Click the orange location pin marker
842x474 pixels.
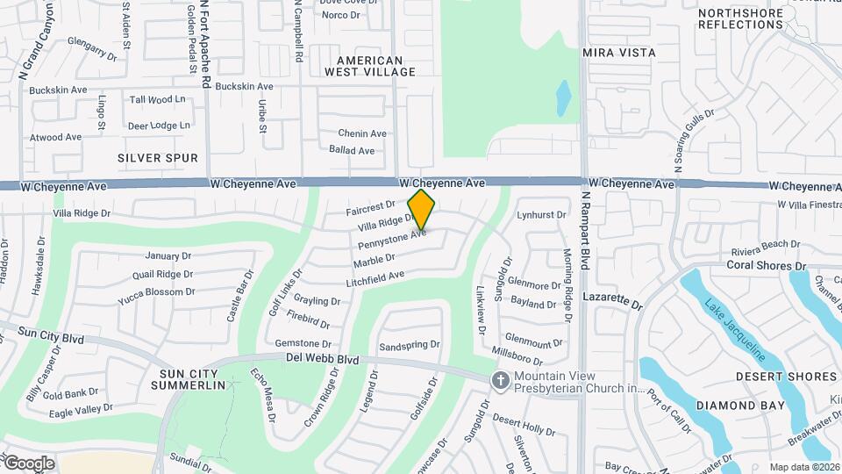tap(421, 209)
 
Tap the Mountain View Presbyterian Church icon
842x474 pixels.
tap(501, 380)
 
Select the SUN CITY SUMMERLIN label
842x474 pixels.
tap(188, 379)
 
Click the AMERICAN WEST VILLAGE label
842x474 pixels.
tap(363, 66)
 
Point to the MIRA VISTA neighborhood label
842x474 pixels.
tap(619, 53)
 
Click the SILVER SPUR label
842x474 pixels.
tap(158, 158)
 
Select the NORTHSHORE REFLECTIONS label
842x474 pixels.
tap(740, 18)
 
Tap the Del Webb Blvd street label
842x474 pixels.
tap(323, 359)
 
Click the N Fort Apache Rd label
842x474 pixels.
tap(205, 44)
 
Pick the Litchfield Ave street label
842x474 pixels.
tap(375, 276)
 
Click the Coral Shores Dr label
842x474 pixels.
tap(765, 265)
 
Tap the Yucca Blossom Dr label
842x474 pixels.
tap(156, 292)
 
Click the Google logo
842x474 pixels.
tap(28, 463)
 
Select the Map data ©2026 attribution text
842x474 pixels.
tap(804, 467)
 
